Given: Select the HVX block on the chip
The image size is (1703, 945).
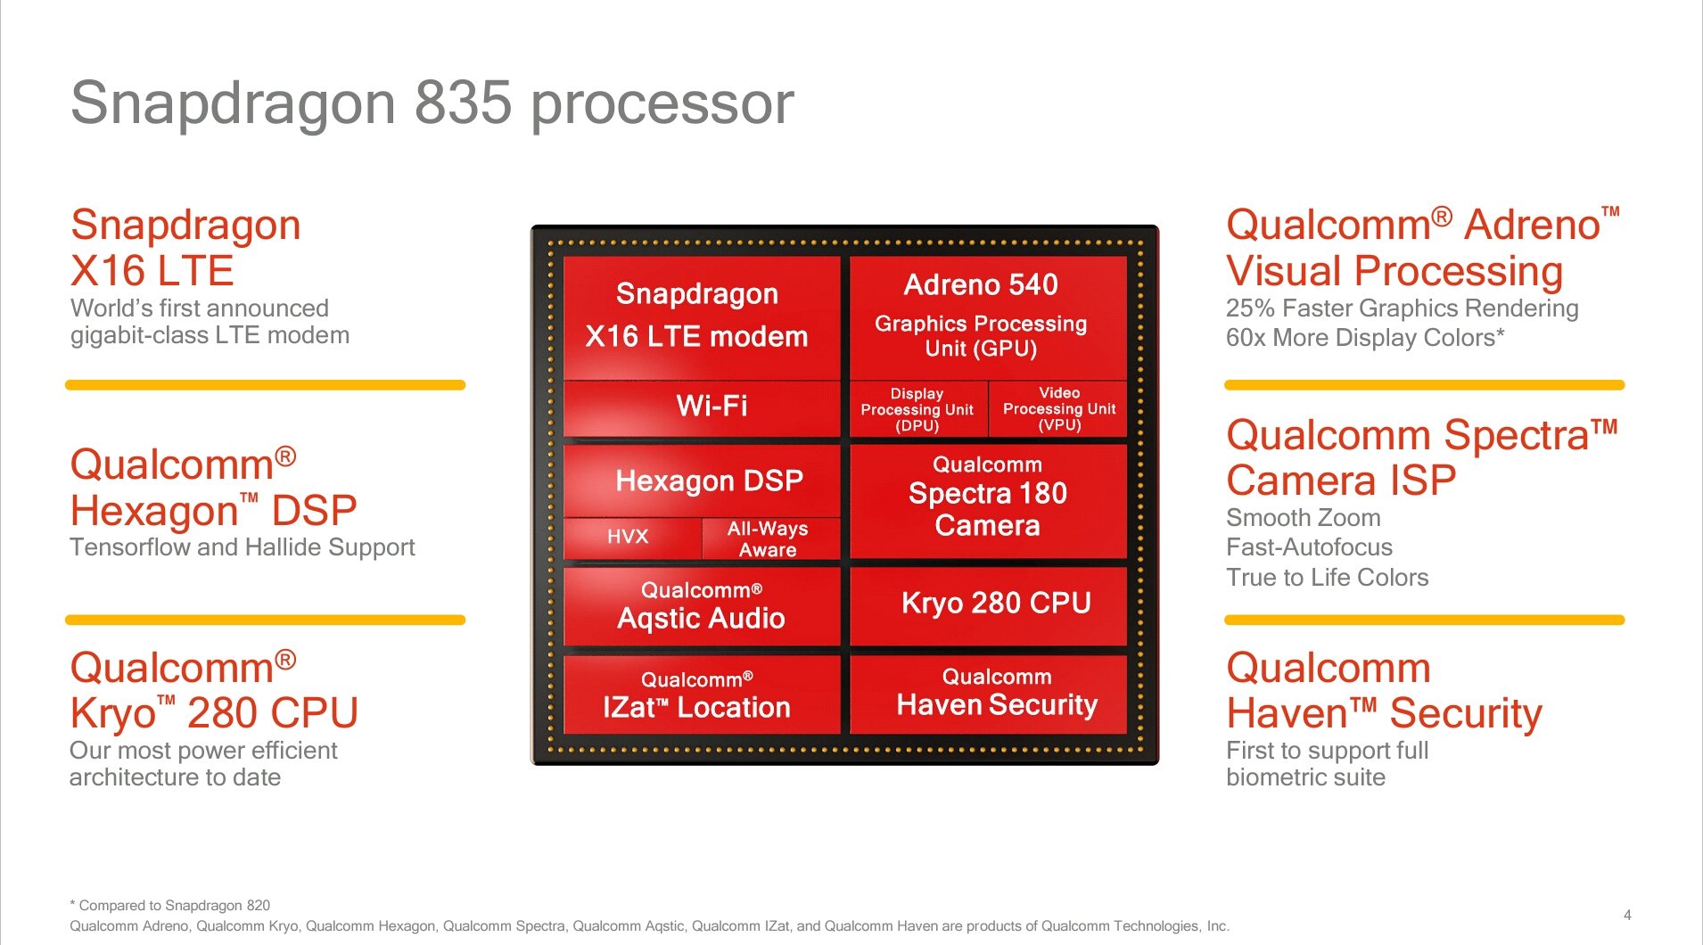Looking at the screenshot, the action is [632, 538].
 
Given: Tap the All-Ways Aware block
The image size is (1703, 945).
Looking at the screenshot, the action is [771, 538].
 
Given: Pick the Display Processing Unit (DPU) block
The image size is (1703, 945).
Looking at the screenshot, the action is [918, 409].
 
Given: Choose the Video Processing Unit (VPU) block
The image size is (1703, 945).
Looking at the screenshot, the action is [1058, 409].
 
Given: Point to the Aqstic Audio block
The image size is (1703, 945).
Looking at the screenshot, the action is [702, 606].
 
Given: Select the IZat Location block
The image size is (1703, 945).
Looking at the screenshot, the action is [702, 694].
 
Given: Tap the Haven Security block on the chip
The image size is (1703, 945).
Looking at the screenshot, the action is [989, 694].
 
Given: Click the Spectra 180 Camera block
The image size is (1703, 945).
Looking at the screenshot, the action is [989, 501].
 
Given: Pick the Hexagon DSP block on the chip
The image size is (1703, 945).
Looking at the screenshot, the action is [702, 481].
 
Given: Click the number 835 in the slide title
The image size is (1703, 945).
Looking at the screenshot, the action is [464, 103].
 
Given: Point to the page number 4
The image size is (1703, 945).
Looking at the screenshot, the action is [1627, 915].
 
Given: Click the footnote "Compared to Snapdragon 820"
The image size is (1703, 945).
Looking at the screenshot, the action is [170, 905].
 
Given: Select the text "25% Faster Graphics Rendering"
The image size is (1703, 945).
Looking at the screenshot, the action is [1402, 308].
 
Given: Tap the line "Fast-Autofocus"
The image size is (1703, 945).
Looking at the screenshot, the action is [1309, 547].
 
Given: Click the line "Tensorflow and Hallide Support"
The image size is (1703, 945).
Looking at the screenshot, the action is [243, 547].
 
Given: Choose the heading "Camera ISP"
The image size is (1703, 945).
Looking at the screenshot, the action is [1341, 481].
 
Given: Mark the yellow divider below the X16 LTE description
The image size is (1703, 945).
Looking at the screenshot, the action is [266, 385].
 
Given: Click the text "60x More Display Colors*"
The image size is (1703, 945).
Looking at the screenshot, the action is [1365, 338].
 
